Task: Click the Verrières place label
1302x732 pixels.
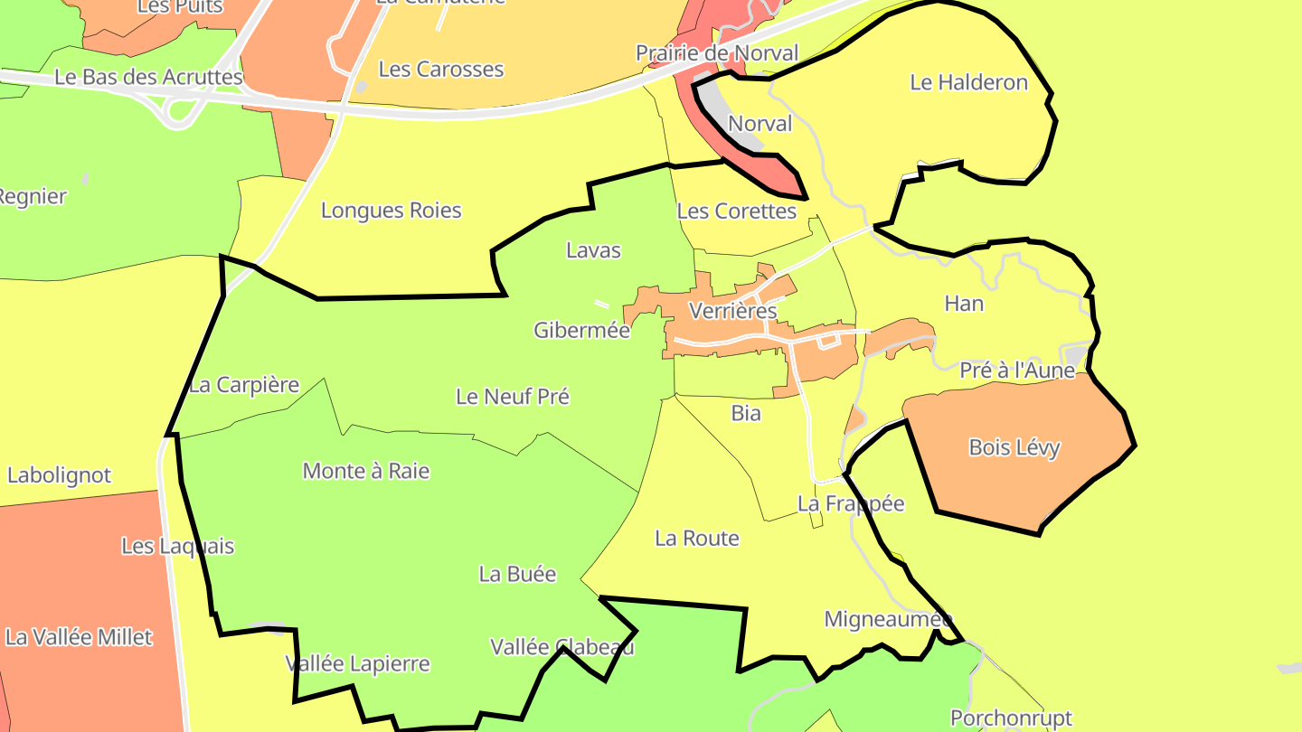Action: click(x=732, y=311)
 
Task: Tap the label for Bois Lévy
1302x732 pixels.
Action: click(x=1014, y=447)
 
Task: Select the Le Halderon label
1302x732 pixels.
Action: click(x=968, y=82)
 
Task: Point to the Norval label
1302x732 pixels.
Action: click(x=759, y=124)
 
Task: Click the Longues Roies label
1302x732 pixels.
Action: click(x=392, y=211)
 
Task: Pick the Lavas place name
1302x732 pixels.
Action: click(x=593, y=250)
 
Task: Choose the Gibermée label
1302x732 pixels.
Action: click(x=581, y=330)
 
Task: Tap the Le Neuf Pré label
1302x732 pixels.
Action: click(x=513, y=397)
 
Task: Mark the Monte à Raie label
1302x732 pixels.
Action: click(x=366, y=471)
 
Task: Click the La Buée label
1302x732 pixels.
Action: click(x=517, y=574)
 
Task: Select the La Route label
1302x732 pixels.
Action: click(x=697, y=539)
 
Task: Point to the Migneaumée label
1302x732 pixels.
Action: click(x=888, y=619)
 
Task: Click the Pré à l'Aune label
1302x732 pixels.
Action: click(x=1017, y=371)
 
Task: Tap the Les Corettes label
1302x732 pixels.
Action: click(x=736, y=211)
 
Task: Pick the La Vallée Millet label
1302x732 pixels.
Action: click(x=79, y=637)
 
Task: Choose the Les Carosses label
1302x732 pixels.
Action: click(x=441, y=69)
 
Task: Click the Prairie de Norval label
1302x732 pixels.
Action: click(x=717, y=53)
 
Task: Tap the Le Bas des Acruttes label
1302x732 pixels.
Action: click(x=149, y=77)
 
